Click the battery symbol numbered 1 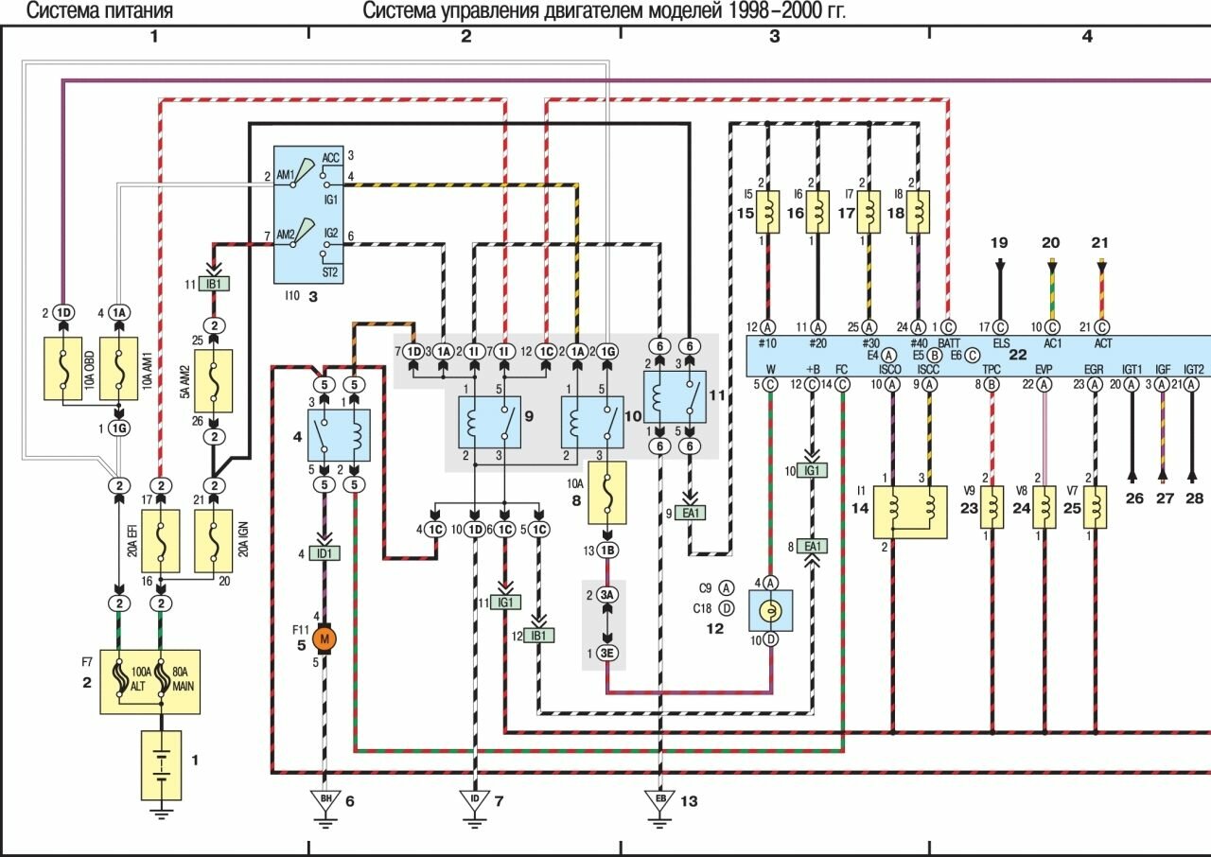[x=163, y=764]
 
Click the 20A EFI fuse [x=162, y=540]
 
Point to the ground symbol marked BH [x=325, y=800]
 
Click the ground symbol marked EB [x=659, y=800]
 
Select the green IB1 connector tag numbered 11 [x=215, y=283]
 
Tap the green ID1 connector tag [x=325, y=552]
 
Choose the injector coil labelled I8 [x=918, y=212]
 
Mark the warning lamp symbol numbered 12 [x=770, y=611]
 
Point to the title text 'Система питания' [x=98, y=11]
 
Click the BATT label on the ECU [x=950, y=343]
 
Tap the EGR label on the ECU [x=1094, y=369]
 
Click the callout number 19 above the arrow [x=1000, y=243]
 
